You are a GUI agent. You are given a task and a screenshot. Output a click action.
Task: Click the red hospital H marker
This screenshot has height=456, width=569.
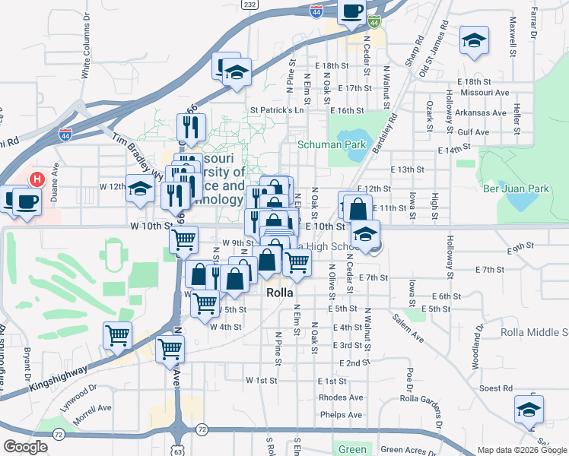[x=35, y=180]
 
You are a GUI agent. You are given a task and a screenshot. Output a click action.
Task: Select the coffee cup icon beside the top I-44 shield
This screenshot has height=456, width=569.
[x=351, y=12]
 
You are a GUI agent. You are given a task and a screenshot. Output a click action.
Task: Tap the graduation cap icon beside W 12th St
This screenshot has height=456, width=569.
[x=140, y=190]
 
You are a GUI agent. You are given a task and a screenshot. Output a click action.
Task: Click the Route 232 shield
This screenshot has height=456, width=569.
[x=250, y=4]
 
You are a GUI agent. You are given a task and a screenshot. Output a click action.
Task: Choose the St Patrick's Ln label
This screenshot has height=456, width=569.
[x=278, y=110]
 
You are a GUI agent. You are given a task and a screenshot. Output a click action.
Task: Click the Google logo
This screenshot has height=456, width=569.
[x=25, y=447]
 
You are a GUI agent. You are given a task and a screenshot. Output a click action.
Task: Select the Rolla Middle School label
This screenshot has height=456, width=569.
[x=534, y=332]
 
